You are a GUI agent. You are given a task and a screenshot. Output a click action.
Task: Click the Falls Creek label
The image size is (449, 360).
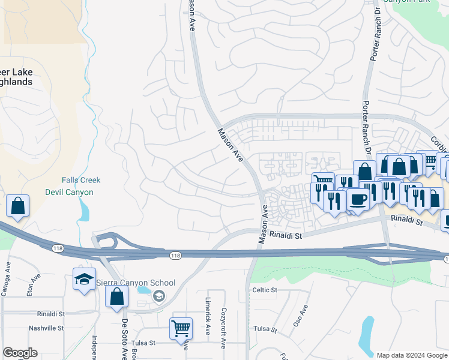click(81, 180)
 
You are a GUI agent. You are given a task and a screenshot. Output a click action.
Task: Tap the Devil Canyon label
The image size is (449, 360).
click(70, 192)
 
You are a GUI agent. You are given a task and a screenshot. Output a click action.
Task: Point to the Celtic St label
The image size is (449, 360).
click(265, 290)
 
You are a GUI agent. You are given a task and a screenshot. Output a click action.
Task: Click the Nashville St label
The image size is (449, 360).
click(46, 328)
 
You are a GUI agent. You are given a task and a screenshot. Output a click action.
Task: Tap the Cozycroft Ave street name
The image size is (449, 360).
click(223, 328)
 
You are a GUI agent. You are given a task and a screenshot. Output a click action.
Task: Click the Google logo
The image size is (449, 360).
click(20, 353)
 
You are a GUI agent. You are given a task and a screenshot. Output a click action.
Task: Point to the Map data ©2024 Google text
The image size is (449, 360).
click(412, 355)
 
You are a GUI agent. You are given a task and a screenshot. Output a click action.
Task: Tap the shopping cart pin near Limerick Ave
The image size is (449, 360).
click(181, 328)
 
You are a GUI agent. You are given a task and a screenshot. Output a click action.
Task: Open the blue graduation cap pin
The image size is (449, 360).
click(84, 279)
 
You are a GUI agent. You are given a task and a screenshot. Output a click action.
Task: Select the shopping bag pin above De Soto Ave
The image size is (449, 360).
click(116, 296)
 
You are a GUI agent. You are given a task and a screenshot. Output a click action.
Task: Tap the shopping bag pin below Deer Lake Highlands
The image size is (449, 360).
click(18, 206)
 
